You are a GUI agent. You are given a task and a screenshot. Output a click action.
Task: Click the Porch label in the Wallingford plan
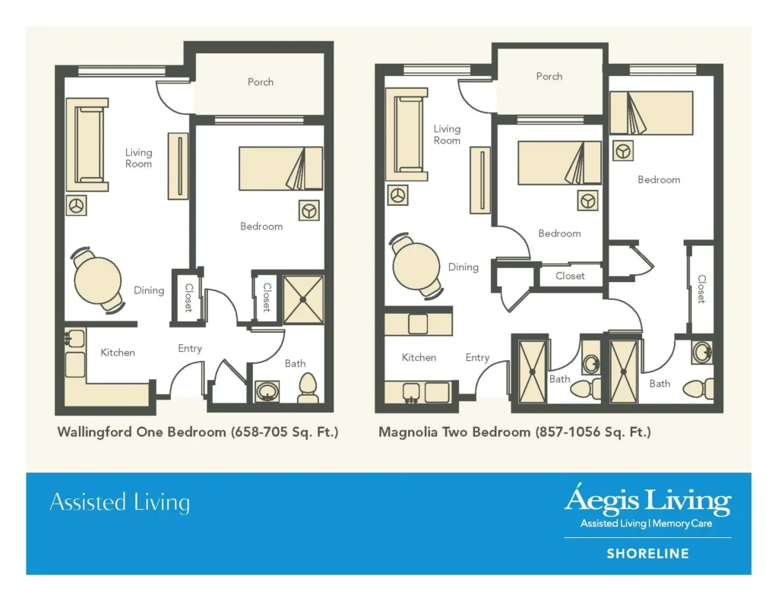click(261, 82)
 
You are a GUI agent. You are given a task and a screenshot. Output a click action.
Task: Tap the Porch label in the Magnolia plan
click(549, 77)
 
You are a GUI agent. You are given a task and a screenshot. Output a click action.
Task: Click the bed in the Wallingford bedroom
click(280, 169)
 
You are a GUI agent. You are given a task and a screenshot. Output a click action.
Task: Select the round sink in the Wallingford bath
click(267, 391)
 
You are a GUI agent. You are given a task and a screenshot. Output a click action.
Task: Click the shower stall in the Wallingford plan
click(303, 299)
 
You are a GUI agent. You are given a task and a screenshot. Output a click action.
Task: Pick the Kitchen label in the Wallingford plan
click(118, 353)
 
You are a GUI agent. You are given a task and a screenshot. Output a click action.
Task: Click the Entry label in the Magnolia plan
click(477, 358)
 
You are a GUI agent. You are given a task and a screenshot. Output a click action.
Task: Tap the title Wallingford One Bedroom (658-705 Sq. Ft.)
click(198, 432)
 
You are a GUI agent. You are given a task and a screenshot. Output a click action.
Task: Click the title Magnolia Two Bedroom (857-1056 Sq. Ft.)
click(514, 432)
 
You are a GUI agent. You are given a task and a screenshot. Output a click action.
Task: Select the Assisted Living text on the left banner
click(119, 503)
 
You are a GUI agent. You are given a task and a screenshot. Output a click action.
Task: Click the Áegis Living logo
click(647, 502)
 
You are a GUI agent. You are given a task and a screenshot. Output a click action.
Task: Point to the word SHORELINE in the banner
click(647, 554)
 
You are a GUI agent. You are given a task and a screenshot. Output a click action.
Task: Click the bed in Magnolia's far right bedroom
click(651, 113)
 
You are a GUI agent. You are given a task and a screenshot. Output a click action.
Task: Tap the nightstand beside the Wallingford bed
click(308, 210)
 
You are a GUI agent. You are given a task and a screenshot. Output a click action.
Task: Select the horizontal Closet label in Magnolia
click(570, 276)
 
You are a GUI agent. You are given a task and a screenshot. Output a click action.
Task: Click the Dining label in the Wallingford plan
click(149, 290)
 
